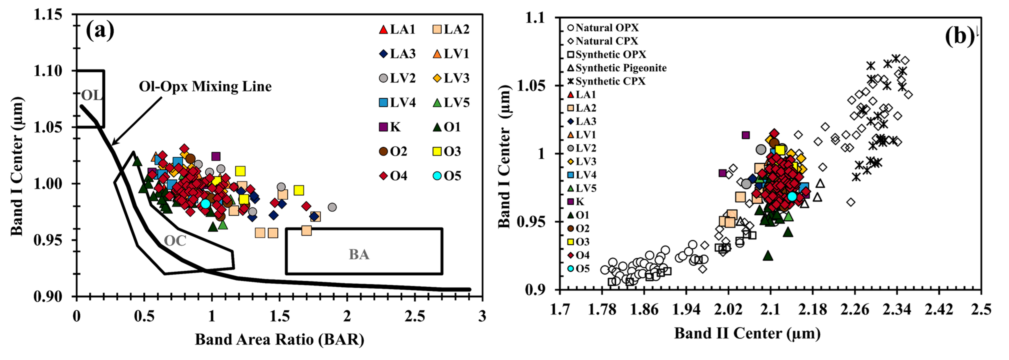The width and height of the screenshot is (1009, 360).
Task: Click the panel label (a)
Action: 100,30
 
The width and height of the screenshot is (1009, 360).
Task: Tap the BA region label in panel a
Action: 359,255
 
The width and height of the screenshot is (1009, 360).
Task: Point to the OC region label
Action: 175,240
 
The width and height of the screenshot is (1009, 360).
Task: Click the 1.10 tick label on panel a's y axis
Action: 48,71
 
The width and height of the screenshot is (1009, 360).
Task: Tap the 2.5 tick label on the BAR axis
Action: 414,316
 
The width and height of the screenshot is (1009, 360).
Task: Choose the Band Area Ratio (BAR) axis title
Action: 279,339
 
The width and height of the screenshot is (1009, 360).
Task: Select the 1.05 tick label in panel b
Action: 531,85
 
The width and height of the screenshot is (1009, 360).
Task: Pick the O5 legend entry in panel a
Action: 447,176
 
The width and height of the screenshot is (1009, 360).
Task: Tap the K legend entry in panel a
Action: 390,127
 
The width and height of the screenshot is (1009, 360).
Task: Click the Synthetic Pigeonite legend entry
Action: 617,68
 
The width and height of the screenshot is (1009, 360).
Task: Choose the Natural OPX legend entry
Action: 603,28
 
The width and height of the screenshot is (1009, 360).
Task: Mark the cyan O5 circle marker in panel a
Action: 205,204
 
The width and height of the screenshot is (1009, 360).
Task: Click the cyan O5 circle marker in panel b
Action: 792,196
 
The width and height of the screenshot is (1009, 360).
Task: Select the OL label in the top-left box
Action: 91,95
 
